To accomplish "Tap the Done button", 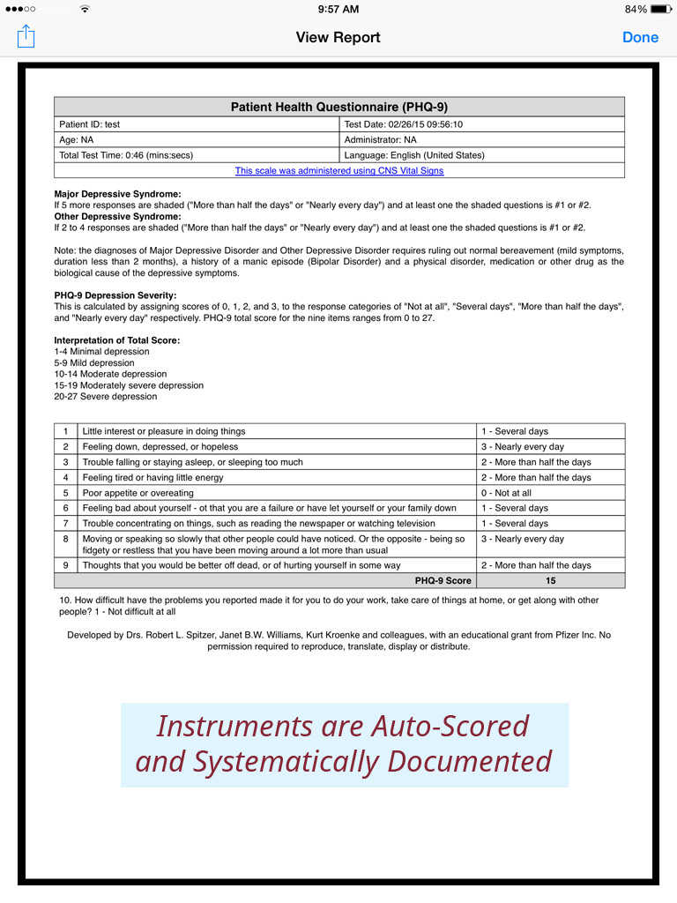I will [640, 37].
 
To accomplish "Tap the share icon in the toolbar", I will [26, 36].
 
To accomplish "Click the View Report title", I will [338, 37].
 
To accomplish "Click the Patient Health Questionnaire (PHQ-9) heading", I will [339, 107].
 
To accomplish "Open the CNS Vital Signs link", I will [339, 170].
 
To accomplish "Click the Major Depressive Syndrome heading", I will [117, 194].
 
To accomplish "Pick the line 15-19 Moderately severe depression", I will [129, 385].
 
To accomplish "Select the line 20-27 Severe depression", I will [106, 397].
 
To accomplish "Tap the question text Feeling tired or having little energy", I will [153, 477].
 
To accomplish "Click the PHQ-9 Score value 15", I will [550, 581].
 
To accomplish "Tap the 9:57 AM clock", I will [338, 9].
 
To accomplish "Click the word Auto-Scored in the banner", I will [450, 726].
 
